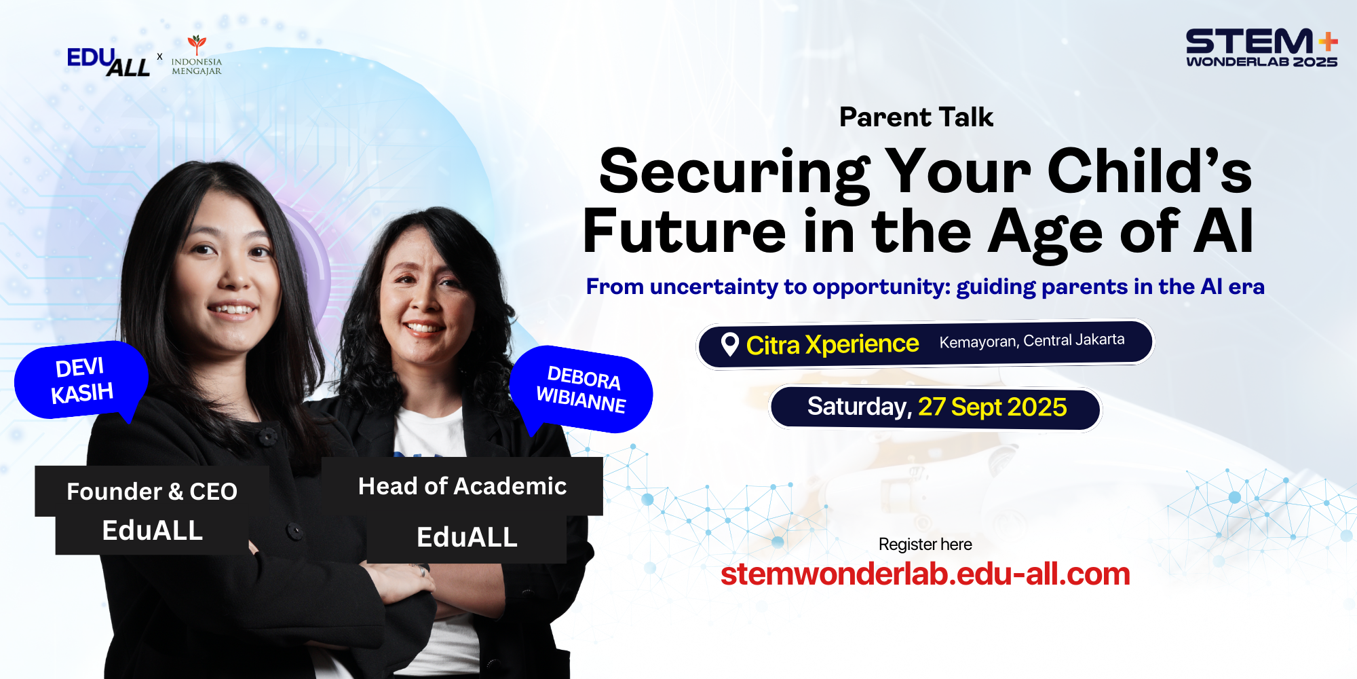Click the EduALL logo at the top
pyautogui.click(x=109, y=61)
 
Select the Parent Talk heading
pyautogui.click(x=916, y=117)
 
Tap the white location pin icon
pyautogui.click(x=730, y=344)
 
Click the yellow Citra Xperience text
pyautogui.click(x=833, y=345)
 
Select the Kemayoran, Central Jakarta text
pyautogui.click(x=1031, y=341)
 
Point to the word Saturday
pyautogui.click(x=859, y=407)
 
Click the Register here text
pyautogui.click(x=925, y=545)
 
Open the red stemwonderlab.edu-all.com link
pyautogui.click(x=925, y=574)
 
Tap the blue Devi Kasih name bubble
pyautogui.click(x=81, y=380)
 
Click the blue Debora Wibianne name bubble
pyautogui.click(x=581, y=390)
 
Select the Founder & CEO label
pyautogui.click(x=152, y=492)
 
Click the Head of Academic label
pyautogui.click(x=462, y=486)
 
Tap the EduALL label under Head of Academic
pyautogui.click(x=467, y=538)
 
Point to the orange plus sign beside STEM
pyautogui.click(x=1328, y=42)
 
